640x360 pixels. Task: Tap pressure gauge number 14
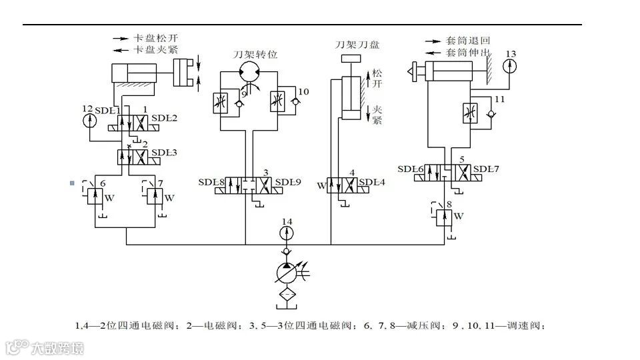[x=287, y=233]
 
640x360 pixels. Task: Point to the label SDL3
[x=164, y=153]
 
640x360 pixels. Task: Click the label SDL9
[x=289, y=181]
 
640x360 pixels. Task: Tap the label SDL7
[x=486, y=169]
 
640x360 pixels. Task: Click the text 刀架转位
[x=253, y=54]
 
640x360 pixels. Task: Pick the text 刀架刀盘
[x=358, y=45]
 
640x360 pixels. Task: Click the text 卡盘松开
[x=156, y=38]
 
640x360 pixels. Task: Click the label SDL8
[x=211, y=181]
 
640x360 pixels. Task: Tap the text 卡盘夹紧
[x=156, y=49]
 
